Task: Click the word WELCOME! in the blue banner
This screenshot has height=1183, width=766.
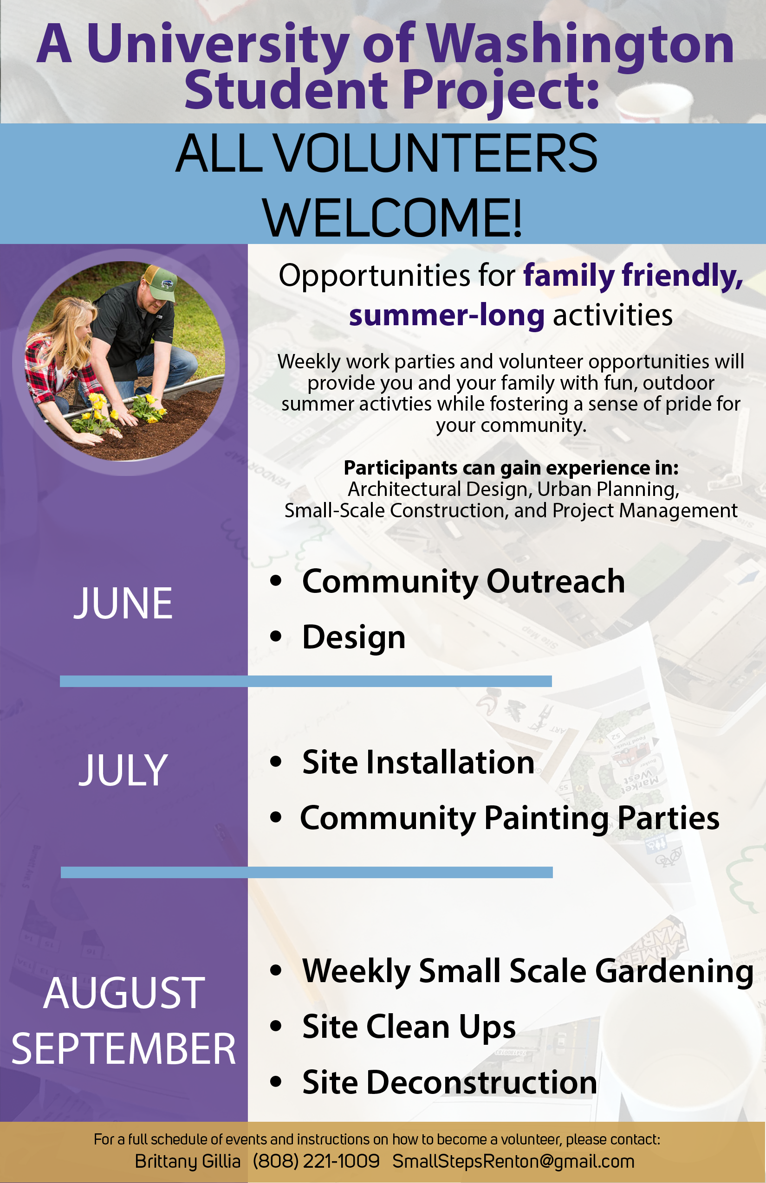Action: click(x=392, y=218)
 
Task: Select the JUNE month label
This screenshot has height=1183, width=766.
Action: click(x=123, y=603)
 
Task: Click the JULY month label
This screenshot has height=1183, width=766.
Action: click(x=123, y=770)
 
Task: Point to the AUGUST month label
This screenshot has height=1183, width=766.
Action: click(x=124, y=993)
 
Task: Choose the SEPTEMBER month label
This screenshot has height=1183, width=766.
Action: click(x=123, y=1048)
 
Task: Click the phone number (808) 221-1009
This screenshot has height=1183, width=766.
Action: click(x=316, y=1161)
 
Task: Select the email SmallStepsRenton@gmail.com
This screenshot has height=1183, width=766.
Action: click(x=513, y=1161)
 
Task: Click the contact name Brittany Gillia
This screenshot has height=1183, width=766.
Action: click(x=188, y=1161)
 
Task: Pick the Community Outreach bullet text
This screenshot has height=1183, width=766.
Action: click(x=464, y=581)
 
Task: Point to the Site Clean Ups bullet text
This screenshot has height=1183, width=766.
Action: click(x=409, y=1026)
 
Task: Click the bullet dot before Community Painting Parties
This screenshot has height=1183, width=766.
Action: click(x=276, y=817)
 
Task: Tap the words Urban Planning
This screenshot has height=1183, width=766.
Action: click(x=608, y=489)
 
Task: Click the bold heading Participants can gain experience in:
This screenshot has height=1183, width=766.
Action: click(x=511, y=468)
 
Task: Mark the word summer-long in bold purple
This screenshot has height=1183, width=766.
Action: click(x=447, y=315)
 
